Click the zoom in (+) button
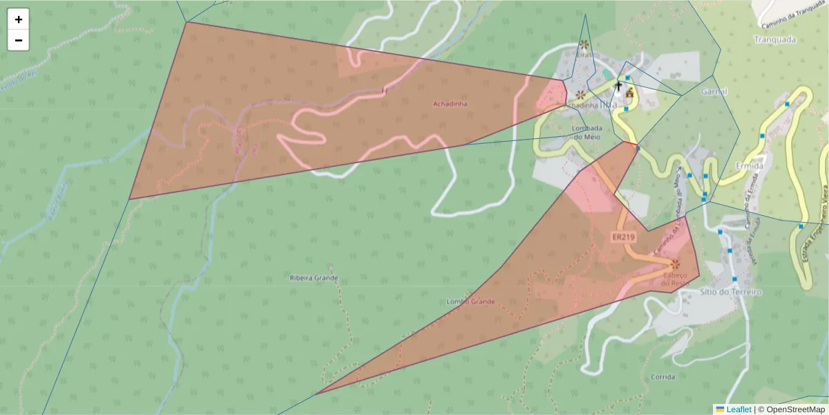[19, 19]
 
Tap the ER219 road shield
[623, 237]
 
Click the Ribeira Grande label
[314, 278]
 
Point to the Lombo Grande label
[470, 302]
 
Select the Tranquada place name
[775, 39]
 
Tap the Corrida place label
[663, 377]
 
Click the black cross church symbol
[618, 86]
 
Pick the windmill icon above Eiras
[584, 44]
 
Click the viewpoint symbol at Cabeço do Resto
[675, 264]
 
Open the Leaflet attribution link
[739, 409]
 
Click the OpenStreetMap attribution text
[795, 409]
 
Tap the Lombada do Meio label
[587, 132]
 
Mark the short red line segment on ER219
[629, 143]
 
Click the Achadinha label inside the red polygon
[450, 104]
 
